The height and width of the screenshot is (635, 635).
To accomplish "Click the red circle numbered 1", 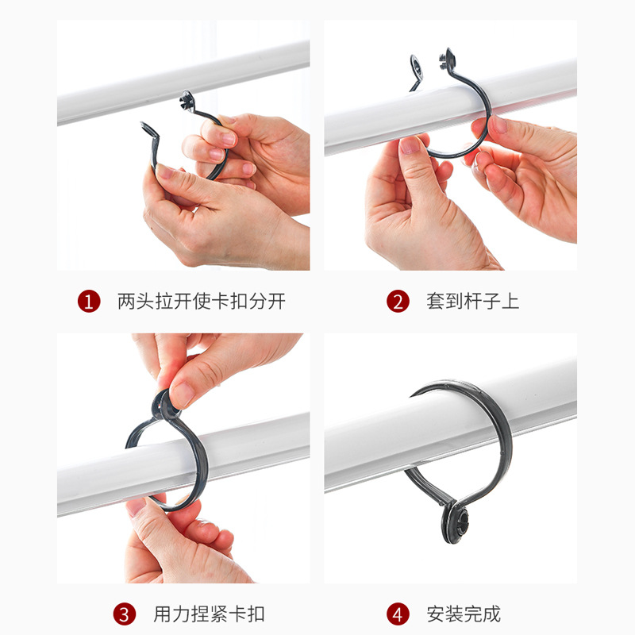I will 89,302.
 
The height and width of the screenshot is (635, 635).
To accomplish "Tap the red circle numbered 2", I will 398,302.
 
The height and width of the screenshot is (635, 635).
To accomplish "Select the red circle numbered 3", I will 124,614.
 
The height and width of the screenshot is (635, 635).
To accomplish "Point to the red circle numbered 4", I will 398,614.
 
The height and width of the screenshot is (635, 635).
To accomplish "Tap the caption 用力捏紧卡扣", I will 209,614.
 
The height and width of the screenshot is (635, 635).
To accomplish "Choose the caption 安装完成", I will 464,614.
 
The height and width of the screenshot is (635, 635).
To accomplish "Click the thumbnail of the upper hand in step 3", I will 182,394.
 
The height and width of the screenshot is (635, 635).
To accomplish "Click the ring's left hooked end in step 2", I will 415,67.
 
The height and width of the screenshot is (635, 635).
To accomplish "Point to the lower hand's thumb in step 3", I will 143,508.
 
